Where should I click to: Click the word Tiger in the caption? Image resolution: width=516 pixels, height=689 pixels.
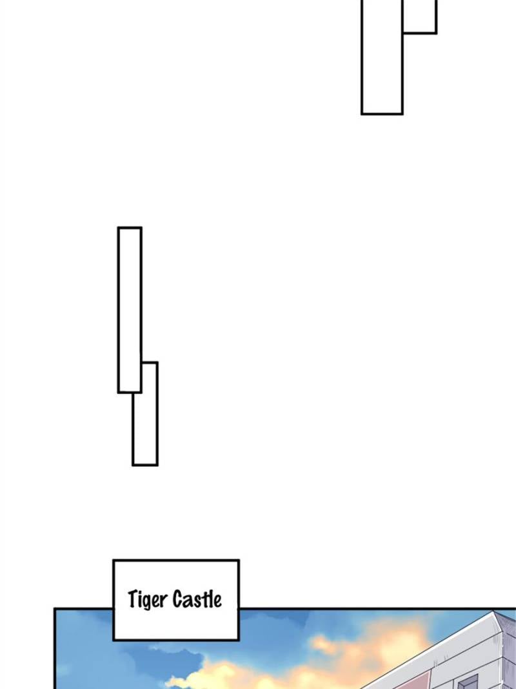click(148, 600)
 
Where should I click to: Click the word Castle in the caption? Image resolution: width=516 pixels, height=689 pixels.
click(197, 599)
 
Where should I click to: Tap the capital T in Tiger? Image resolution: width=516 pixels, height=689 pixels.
click(132, 599)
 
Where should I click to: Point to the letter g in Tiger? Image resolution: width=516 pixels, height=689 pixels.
click(149, 602)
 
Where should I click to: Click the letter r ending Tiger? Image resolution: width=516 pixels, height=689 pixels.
click(164, 601)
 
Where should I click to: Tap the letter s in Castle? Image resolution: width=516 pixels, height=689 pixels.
click(197, 602)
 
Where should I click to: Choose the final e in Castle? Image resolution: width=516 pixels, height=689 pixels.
click(218, 602)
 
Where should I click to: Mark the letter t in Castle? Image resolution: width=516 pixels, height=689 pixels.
click(206, 600)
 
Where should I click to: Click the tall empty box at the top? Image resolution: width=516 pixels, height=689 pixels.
click(382, 57)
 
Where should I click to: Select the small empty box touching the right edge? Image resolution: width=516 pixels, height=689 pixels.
click(419, 16)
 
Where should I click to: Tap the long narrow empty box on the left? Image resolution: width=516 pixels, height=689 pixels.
click(130, 310)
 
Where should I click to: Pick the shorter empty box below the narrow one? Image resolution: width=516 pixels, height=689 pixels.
click(145, 413)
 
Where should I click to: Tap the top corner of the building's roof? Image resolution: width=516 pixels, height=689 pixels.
click(495, 611)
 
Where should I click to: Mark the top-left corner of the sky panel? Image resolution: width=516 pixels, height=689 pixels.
click(55, 609)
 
